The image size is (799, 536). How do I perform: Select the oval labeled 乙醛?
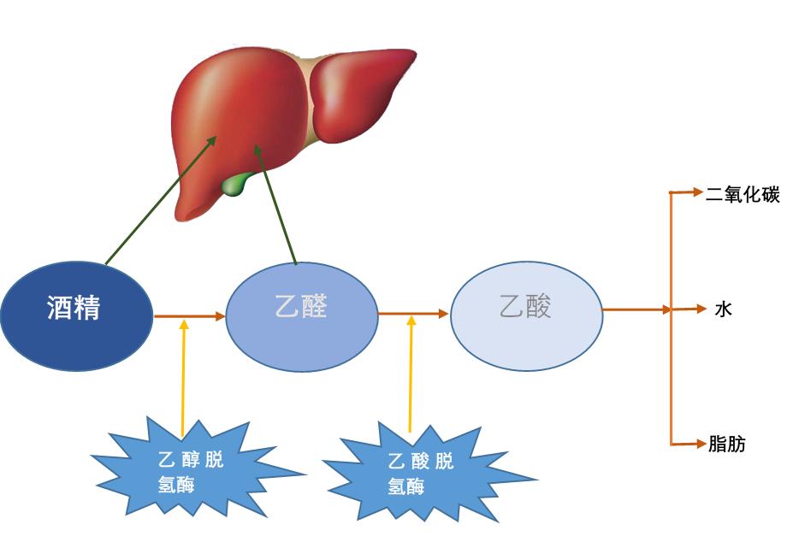[301, 316]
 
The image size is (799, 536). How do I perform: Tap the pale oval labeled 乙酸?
[526, 315]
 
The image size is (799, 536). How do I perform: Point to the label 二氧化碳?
[742, 194]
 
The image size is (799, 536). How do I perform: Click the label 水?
[723, 309]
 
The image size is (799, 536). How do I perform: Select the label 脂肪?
[727, 444]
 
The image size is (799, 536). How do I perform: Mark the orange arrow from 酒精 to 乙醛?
[189, 316]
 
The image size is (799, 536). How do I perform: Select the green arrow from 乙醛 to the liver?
[275, 205]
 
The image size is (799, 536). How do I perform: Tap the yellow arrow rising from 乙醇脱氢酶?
[183, 376]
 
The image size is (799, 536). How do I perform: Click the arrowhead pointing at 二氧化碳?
[695, 192]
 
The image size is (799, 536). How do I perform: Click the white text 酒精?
[74, 308]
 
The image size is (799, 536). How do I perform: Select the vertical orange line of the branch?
[671, 376]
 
